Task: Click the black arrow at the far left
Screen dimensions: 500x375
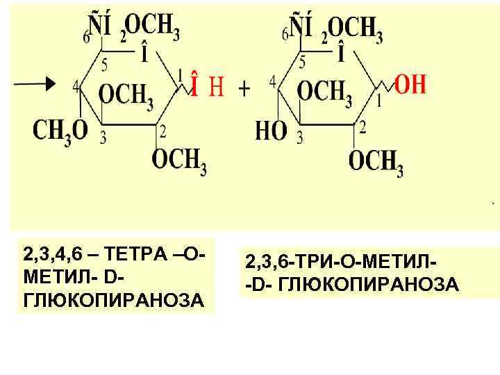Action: tap(35, 84)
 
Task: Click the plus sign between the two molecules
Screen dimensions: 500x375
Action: tap(244, 89)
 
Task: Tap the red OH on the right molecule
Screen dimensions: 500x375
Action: tap(410, 85)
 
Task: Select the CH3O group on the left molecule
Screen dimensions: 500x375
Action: tap(60, 130)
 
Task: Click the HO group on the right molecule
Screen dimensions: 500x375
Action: tap(272, 130)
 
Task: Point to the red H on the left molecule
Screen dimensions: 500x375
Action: tap(217, 87)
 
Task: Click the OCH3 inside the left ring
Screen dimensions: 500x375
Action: tap(126, 95)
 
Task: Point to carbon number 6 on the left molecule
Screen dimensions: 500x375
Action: tap(86, 37)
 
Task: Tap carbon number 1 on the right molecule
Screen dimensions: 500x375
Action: tap(378, 102)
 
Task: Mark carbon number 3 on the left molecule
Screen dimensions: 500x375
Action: tap(103, 138)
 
